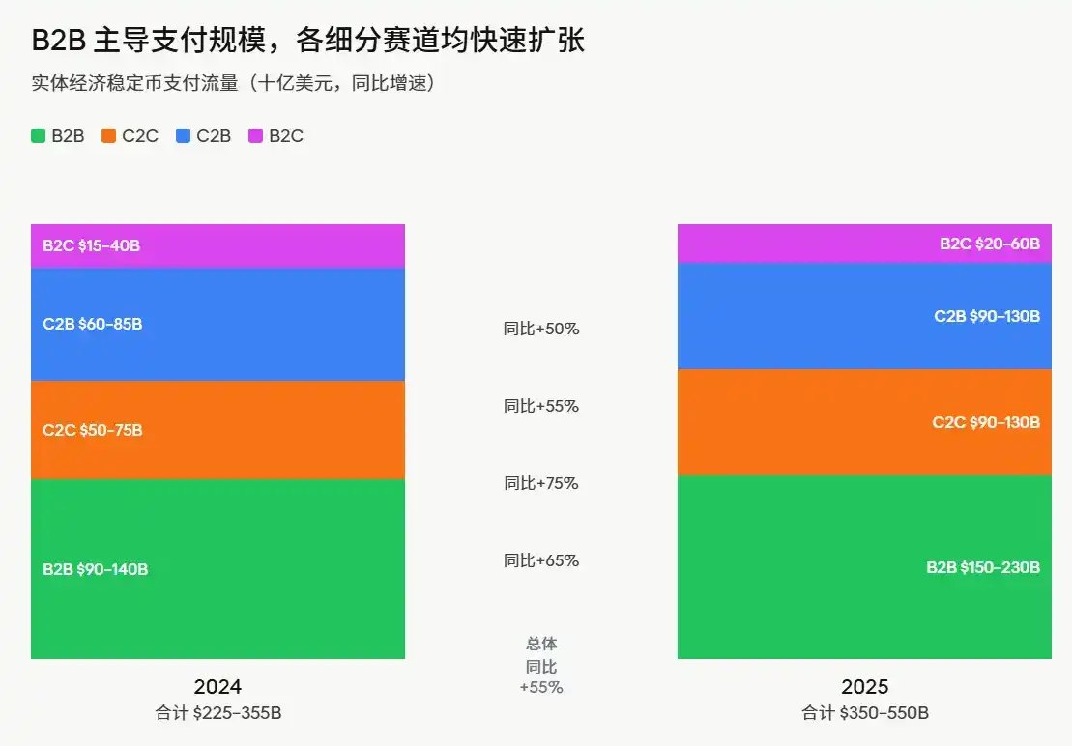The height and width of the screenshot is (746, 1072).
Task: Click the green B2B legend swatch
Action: [x=38, y=136]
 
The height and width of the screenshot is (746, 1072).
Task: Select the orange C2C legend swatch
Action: [x=109, y=136]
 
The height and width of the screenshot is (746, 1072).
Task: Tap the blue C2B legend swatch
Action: [x=183, y=136]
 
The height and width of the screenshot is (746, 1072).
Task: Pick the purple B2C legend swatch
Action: [x=255, y=136]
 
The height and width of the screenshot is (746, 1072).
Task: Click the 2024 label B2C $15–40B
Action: [x=91, y=245]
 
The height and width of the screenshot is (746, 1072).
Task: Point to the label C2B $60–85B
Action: [x=92, y=324]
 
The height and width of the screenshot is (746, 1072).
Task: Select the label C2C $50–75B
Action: [x=92, y=430]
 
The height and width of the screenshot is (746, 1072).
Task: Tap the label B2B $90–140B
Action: [x=95, y=569]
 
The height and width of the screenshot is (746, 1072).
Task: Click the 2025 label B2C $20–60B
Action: [x=990, y=244]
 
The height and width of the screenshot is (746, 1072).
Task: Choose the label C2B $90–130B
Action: [x=986, y=316]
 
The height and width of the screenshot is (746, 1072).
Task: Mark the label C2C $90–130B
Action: [x=986, y=422]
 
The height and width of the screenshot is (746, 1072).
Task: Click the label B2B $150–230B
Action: [x=983, y=567]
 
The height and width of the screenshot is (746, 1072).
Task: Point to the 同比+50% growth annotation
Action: [x=541, y=329]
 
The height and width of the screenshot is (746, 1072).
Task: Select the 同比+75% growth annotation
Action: [x=541, y=483]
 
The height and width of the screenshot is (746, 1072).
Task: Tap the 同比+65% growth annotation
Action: [x=541, y=560]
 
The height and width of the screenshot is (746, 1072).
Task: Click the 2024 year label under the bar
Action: [x=217, y=687]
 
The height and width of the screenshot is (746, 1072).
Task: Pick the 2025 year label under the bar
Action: [x=864, y=687]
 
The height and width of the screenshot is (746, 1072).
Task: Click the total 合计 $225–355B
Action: [x=218, y=714]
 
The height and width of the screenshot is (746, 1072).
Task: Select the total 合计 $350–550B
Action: [x=865, y=714]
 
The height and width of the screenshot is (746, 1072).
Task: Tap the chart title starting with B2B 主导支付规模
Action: [x=308, y=41]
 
